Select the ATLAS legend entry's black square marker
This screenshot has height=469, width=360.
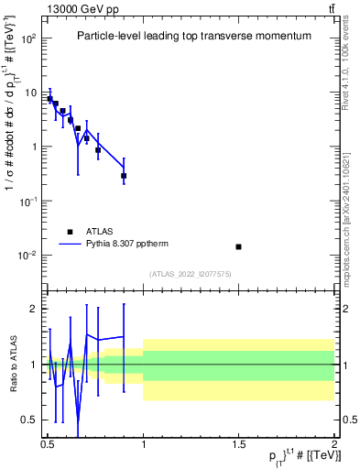click(69, 232)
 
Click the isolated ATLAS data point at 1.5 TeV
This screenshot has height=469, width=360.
click(239, 246)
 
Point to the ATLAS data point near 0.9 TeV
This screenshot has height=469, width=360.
click(124, 175)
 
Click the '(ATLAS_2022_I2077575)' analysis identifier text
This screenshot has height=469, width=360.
click(191, 274)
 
